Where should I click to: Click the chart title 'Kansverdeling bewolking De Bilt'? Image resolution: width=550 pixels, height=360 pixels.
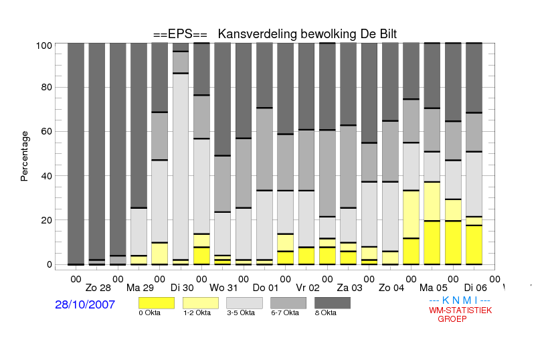coord(307,34)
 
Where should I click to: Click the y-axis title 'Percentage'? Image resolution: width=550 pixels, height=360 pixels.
coord(24,156)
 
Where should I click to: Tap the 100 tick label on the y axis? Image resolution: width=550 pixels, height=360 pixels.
coord(44,46)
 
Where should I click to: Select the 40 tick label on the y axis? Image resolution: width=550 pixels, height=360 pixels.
coord(46,176)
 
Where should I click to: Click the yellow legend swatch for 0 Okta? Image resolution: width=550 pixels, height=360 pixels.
coord(157,303)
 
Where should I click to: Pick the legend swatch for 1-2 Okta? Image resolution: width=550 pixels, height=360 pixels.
coord(201,303)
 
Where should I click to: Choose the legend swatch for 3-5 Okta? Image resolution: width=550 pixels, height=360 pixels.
coord(244,303)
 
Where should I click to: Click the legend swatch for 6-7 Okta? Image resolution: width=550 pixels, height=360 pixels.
coord(288,303)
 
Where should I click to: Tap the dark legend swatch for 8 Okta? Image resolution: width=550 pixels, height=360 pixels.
coord(333,303)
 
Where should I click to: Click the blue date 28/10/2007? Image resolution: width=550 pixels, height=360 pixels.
coord(85,304)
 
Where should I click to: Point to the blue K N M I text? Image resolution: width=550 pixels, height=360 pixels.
coord(460,300)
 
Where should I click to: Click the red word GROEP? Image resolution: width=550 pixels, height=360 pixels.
coord(452,319)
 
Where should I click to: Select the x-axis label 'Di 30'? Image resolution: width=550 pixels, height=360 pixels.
coord(182,288)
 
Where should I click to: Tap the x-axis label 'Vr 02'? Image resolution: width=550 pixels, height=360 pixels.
coord(308,288)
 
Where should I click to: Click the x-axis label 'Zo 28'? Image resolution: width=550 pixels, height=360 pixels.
coord(98,288)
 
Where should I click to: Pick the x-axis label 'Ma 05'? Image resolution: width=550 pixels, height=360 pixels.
coord(434,288)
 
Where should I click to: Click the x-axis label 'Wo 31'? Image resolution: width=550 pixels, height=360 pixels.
coord(223,288)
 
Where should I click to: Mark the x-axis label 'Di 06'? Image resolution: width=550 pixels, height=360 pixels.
coord(475,288)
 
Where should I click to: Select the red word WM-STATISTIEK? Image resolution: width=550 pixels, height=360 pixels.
coord(460,310)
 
